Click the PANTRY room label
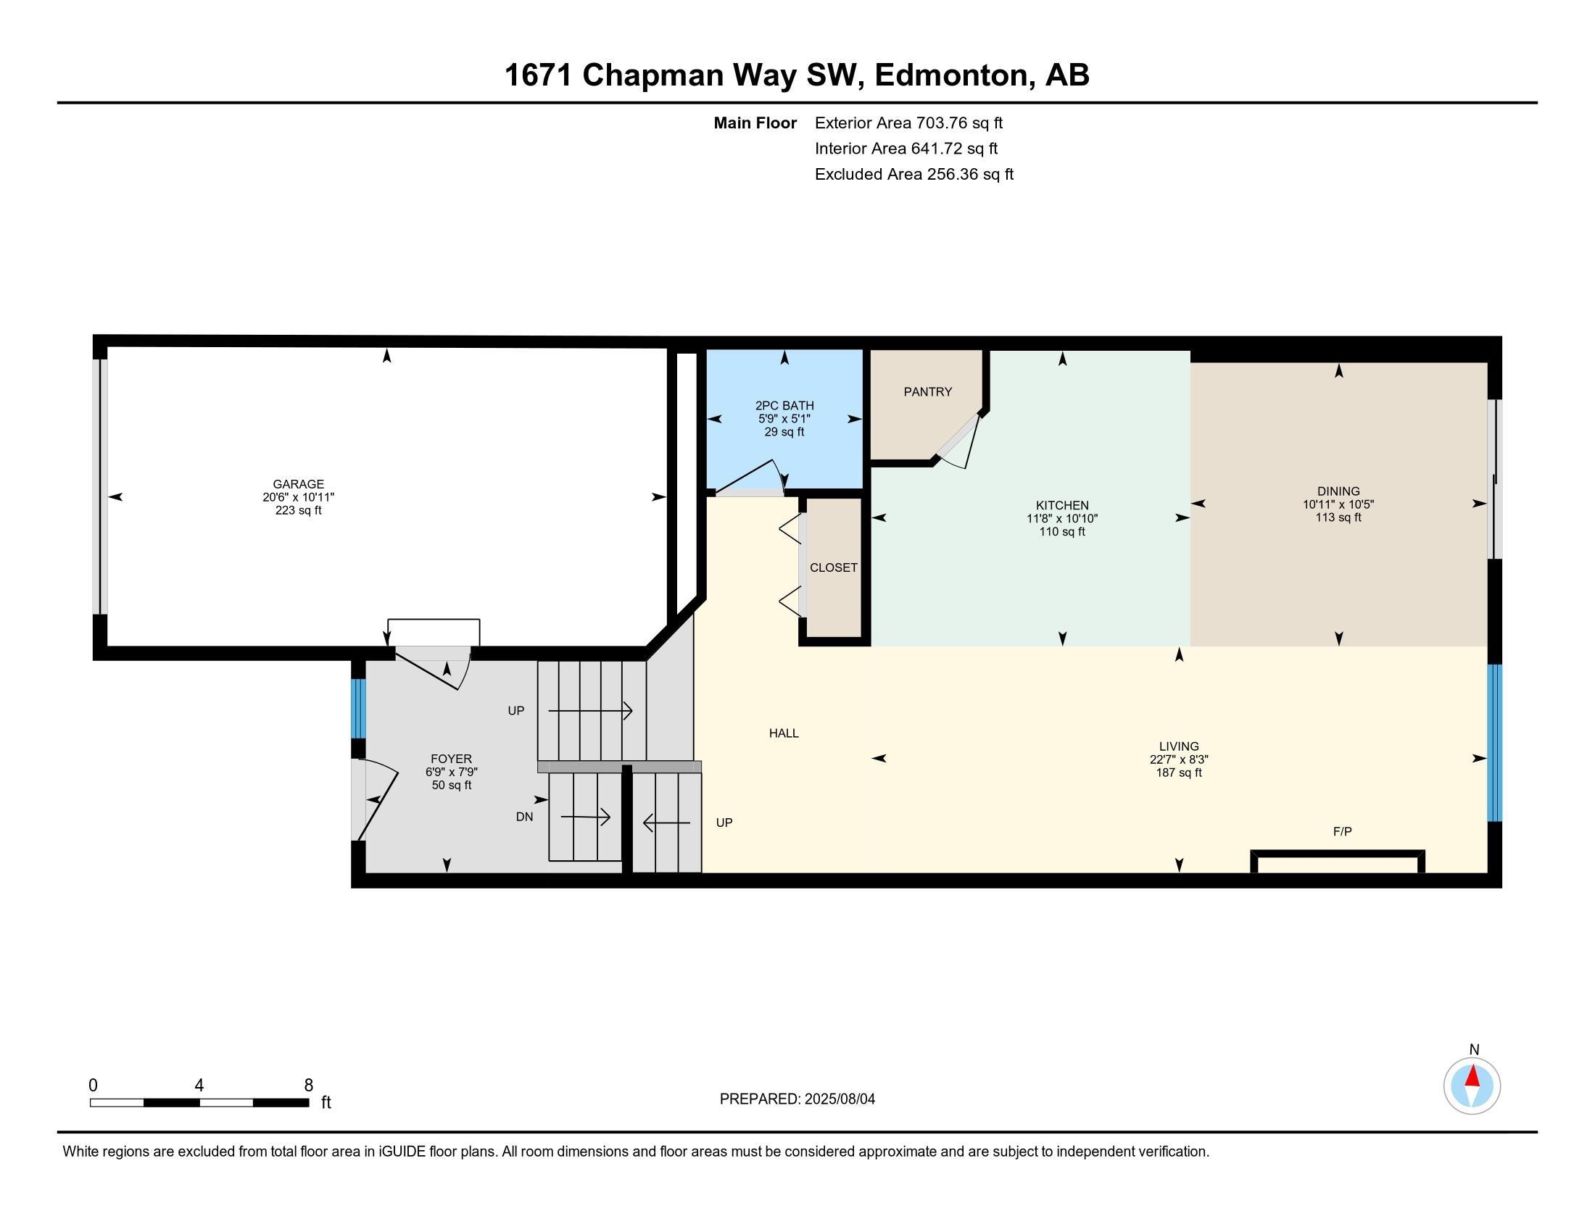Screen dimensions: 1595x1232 927,392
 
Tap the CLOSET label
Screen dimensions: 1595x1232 833,568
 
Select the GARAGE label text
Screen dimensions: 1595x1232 298,484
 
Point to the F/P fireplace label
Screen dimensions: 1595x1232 1342,831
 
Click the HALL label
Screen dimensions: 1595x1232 784,733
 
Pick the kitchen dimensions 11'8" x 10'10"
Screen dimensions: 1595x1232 1062,519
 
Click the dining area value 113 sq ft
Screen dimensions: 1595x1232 1338,517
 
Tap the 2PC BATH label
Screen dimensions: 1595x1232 784,406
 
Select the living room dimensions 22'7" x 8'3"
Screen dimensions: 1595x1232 1179,759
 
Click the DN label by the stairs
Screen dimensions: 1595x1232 524,817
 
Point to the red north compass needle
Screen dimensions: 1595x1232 1473,1075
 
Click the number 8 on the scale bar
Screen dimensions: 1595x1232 308,1086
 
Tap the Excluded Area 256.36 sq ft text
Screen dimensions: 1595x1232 914,175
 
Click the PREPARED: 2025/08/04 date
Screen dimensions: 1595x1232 797,1099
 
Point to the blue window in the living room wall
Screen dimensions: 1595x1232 1495,743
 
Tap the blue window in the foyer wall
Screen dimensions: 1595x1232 358,709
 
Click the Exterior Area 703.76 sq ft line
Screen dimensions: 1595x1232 909,123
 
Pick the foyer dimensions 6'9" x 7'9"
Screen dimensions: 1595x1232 452,773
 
